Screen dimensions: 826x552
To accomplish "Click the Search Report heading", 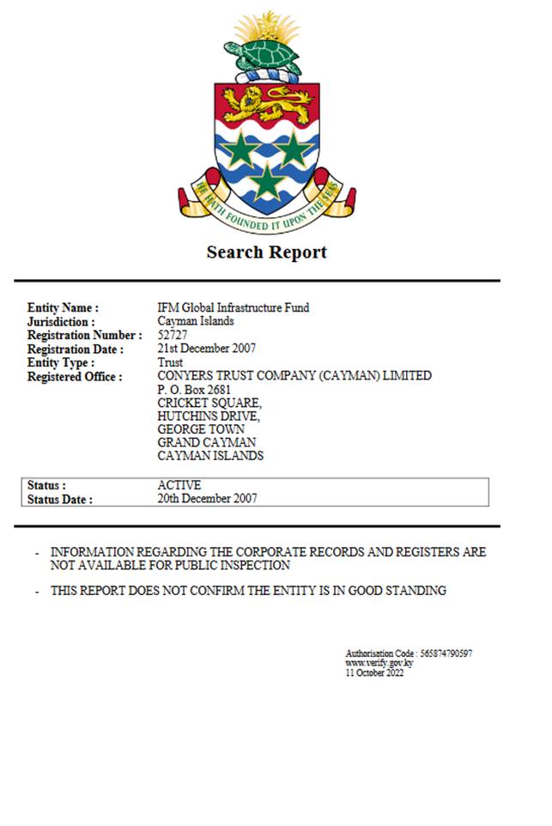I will tap(266, 252).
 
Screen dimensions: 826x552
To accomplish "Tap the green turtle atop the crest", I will tap(262, 57).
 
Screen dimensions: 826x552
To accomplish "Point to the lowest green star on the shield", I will tap(268, 181).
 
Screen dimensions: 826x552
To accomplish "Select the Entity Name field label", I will tap(63, 307).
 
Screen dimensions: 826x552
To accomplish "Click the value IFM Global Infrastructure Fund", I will tap(233, 307).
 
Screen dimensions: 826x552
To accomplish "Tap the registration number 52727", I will tap(173, 335).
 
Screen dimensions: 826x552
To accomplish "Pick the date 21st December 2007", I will tap(206, 349).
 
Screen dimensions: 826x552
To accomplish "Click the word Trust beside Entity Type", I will tap(171, 362).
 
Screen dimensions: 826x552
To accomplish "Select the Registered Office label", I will tap(75, 376).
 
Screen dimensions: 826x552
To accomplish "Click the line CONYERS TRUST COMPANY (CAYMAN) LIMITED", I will tap(294, 376).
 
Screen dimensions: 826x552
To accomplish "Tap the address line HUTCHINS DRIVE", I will tap(208, 416).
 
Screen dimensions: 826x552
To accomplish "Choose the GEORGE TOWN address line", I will tap(201, 429).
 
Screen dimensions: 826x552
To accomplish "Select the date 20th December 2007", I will tap(207, 498).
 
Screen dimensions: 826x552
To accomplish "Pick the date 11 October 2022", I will tap(374, 672).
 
